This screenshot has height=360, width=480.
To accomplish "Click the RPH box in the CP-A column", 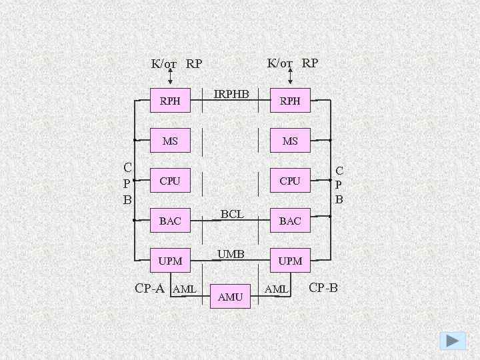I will click(x=170, y=101).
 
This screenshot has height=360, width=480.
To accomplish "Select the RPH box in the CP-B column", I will click(x=290, y=101).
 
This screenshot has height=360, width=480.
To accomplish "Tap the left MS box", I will click(x=170, y=141).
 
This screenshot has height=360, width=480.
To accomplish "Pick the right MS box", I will click(x=290, y=141).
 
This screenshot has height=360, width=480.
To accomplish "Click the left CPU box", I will click(x=170, y=181).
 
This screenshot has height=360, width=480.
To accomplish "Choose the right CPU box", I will click(x=290, y=181).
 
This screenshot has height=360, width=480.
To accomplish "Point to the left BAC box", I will click(x=170, y=221).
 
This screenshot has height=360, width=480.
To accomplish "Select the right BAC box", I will click(x=290, y=221).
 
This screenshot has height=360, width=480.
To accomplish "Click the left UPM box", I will click(x=170, y=261).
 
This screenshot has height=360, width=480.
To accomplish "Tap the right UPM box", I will click(x=290, y=261).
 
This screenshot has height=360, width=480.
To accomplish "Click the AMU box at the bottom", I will click(x=230, y=297).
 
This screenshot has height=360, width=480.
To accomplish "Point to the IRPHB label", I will click(x=231, y=94).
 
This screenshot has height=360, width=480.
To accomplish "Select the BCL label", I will click(x=231, y=214).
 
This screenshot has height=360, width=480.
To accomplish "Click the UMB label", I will click(x=231, y=254).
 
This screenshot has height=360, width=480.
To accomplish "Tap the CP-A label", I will click(x=149, y=289).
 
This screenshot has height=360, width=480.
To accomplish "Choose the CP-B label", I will click(x=324, y=288).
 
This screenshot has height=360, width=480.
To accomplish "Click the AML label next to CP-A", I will click(x=184, y=289).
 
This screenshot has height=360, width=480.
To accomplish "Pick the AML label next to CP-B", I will click(x=276, y=289).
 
